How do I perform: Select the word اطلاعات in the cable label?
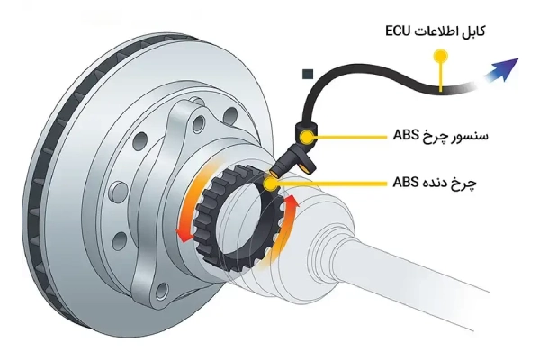click(x=435, y=32)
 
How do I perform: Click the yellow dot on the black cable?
click(x=439, y=56)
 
